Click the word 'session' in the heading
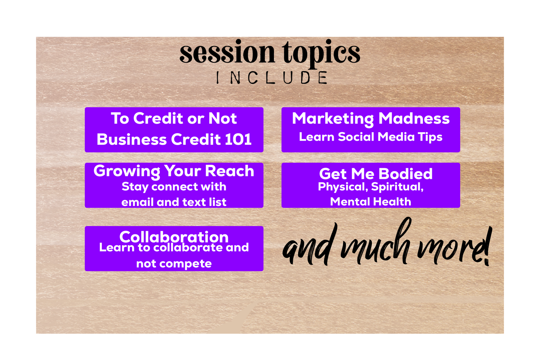click(x=227, y=52)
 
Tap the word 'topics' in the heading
click(x=321, y=54)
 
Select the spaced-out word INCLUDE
click(x=272, y=78)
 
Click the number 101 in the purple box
click(x=238, y=139)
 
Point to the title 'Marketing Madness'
click(x=371, y=119)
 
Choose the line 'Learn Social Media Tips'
click(x=371, y=137)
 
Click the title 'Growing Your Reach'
click(x=174, y=171)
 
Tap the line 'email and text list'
click(x=174, y=202)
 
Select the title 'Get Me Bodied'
click(x=376, y=174)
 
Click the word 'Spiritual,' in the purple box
click(x=397, y=187)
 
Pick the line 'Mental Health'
click(x=370, y=202)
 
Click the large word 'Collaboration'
click(x=174, y=237)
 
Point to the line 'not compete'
click(x=174, y=264)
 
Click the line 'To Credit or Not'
click(x=174, y=118)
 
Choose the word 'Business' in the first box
click(x=132, y=139)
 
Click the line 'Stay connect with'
click(x=174, y=187)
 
